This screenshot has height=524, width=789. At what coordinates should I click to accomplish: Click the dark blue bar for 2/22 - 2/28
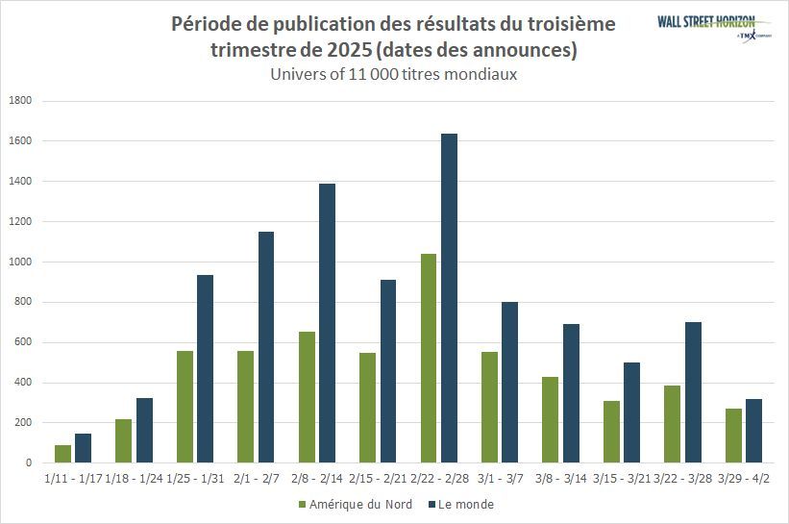[x=449, y=298]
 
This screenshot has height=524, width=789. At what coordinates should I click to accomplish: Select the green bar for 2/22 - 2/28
[x=428, y=358]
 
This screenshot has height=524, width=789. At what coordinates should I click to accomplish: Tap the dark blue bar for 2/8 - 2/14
[x=327, y=323]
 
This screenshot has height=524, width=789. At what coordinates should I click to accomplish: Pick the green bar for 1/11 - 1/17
[x=62, y=454]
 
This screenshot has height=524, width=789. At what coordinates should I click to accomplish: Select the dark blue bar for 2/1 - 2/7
[x=266, y=347]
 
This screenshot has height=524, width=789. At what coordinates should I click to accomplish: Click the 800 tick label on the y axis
[x=24, y=302]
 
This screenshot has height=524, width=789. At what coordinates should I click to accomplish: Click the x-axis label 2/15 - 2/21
[x=377, y=478]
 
